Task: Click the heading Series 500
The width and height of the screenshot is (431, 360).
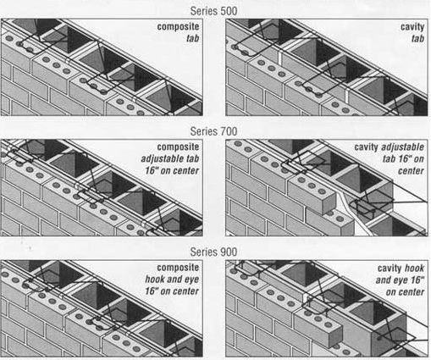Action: [213, 11]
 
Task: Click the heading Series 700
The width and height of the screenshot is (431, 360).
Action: [213, 131]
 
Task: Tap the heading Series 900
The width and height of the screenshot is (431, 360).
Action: [213, 252]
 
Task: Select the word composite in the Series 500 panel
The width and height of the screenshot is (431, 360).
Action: [178, 27]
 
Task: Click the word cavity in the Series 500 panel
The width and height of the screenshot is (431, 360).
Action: [412, 27]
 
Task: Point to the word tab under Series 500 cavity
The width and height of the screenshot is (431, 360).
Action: [417, 38]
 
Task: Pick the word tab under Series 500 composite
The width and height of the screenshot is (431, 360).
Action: [193, 38]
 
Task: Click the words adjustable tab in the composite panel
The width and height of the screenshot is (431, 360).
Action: [170, 158]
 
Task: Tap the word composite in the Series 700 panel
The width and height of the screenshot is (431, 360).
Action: [178, 147]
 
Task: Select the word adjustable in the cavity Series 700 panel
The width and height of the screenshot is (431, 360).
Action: [403, 147]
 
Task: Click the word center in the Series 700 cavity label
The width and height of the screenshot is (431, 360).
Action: [411, 171]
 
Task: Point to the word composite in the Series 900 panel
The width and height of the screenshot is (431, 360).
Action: [178, 268]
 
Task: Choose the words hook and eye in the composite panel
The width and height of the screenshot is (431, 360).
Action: [172, 280]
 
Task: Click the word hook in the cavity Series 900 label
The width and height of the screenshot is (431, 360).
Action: [414, 268]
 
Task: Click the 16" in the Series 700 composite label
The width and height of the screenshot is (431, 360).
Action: [152, 170]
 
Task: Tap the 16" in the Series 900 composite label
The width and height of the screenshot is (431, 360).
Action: [152, 291]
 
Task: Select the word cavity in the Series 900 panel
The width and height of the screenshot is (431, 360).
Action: [390, 269]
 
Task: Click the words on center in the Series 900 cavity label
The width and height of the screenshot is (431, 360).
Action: [405, 291]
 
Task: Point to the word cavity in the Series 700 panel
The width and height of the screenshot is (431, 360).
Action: [366, 147]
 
